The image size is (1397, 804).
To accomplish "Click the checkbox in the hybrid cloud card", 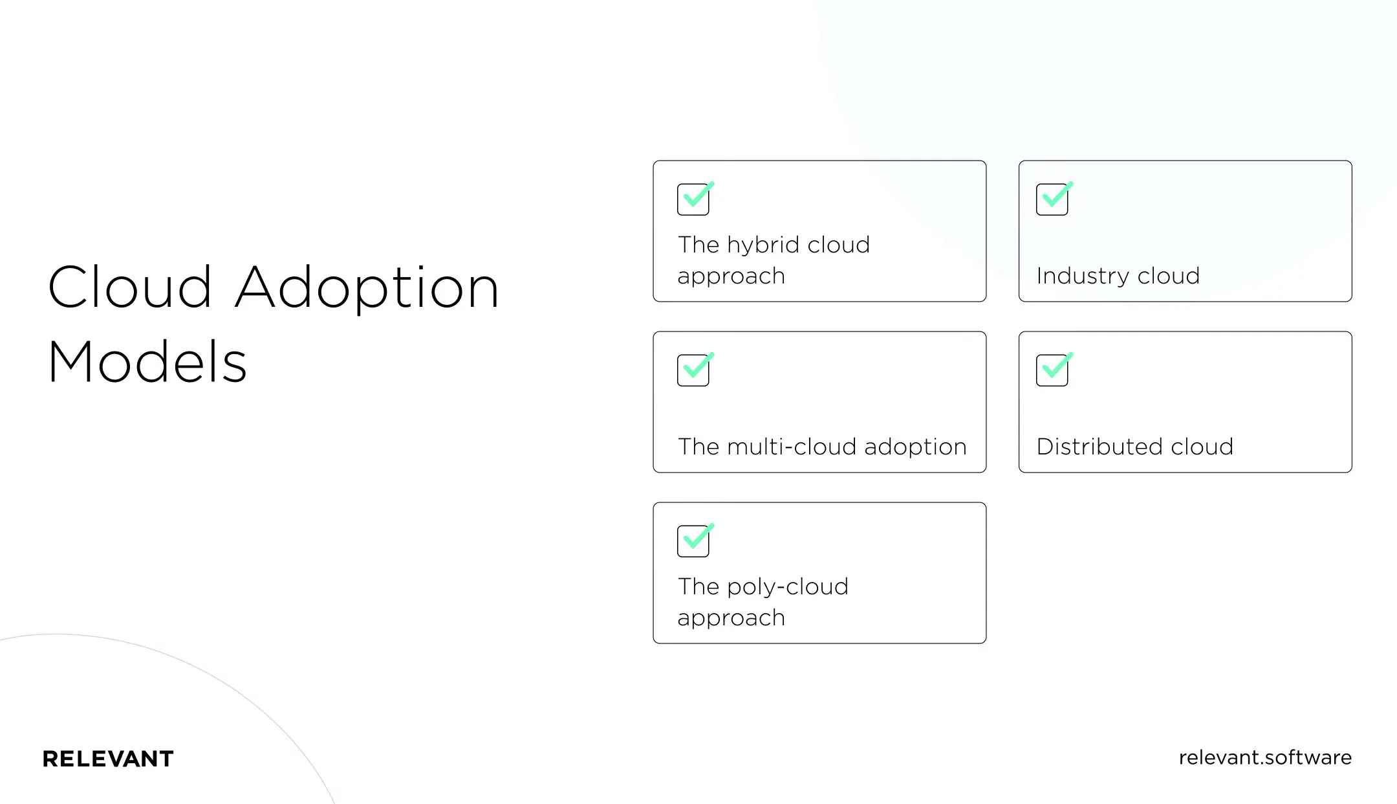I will click(x=693, y=199).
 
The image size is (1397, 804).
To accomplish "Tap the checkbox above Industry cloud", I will click(x=1052, y=199).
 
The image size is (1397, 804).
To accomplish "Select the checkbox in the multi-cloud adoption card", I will click(x=693, y=370).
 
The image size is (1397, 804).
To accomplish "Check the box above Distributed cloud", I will click(x=1052, y=370).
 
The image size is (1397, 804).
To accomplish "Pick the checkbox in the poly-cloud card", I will click(x=693, y=541).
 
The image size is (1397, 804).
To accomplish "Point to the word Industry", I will click(x=1082, y=276).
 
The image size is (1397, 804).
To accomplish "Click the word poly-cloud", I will click(x=787, y=587).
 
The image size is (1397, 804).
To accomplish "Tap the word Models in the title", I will click(x=147, y=362).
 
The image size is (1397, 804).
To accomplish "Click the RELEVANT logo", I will click(x=108, y=759).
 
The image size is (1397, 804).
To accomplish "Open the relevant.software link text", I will click(x=1265, y=757).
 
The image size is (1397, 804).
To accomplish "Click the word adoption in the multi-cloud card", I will click(x=915, y=447).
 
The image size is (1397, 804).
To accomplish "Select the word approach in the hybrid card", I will click(x=731, y=276).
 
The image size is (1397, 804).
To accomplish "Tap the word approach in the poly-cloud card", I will click(x=731, y=618).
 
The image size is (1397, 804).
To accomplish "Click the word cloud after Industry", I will click(x=1169, y=276).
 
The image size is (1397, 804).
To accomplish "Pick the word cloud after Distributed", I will click(x=1202, y=447).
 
